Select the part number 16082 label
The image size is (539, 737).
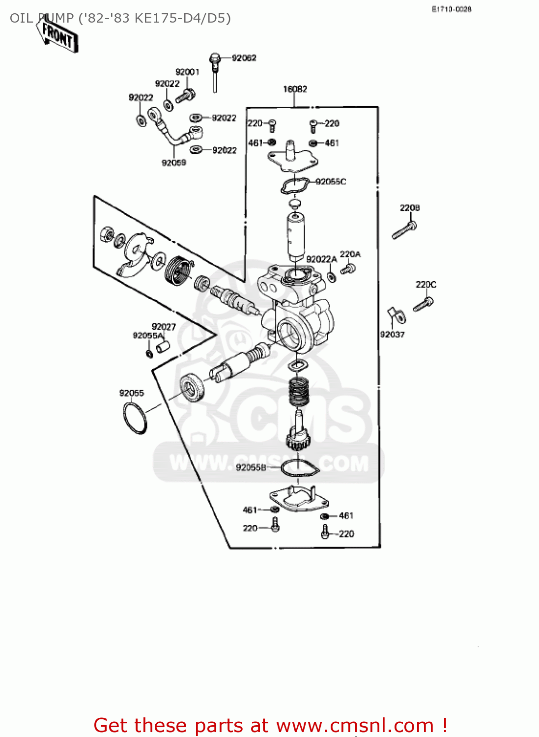coord(295,89)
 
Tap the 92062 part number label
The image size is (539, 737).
coord(244,58)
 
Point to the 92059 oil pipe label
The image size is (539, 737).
coord(174,163)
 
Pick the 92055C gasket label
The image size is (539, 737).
coord(331,181)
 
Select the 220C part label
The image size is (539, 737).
coord(426,284)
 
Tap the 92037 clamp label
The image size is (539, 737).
coord(392,335)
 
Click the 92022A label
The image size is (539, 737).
coord(321,259)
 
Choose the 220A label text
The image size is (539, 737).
coord(350,254)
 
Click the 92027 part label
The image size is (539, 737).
coord(164,327)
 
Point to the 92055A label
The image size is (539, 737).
coord(147,336)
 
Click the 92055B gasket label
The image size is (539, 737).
coord(251,467)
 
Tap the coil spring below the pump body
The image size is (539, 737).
coord(297,391)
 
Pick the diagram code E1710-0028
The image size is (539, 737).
coord(452,9)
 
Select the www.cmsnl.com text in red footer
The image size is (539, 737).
coord(355,726)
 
